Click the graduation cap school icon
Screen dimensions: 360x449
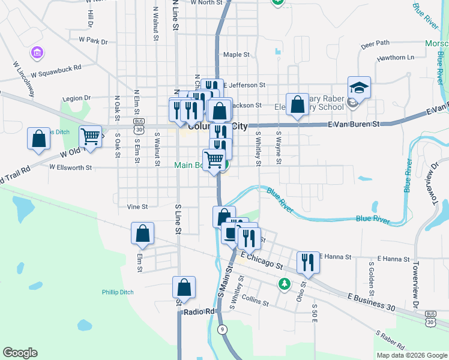click(x=359, y=88)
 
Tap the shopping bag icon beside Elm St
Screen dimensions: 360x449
click(x=143, y=234)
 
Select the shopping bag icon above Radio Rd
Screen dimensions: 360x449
click(x=184, y=287)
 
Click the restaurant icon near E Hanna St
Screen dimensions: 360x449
click(x=307, y=263)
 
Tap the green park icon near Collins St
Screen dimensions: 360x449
click(x=285, y=284)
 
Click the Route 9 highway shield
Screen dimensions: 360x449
click(x=223, y=329)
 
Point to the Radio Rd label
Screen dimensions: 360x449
click(x=199, y=312)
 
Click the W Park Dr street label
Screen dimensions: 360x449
click(x=93, y=41)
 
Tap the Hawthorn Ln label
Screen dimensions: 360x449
click(x=396, y=58)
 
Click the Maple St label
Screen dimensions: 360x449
click(x=236, y=55)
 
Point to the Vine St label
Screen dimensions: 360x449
click(x=137, y=206)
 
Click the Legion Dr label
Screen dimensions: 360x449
click(x=76, y=98)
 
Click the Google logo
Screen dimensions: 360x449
click(x=20, y=353)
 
